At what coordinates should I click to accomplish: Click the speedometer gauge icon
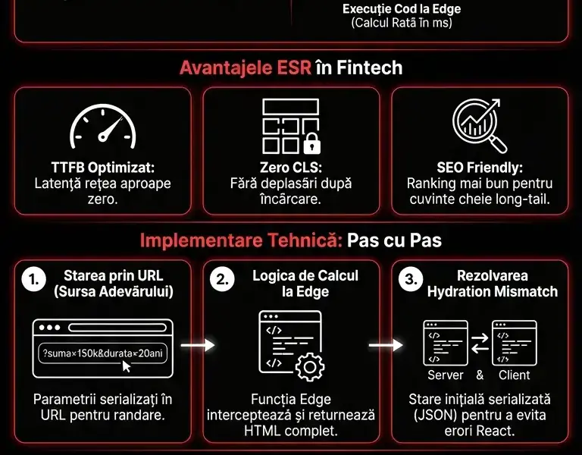pos(102,126)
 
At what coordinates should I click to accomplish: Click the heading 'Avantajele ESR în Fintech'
pos(291,68)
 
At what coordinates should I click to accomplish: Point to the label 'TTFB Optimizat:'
pos(102,168)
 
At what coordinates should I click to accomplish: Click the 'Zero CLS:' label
pos(291,168)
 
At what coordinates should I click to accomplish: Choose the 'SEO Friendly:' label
pos(480,168)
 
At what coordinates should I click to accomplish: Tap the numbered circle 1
pos(33,280)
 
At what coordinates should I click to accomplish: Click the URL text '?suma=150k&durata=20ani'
pos(102,353)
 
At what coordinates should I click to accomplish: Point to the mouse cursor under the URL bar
pos(127,366)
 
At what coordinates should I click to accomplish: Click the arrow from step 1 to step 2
pos(196,345)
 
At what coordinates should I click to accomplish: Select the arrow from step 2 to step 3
pos(384,345)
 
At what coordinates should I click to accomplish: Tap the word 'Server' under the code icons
pos(446,375)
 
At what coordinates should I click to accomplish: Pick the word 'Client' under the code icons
pos(515,375)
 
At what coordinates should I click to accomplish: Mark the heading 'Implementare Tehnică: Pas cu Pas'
pos(291,241)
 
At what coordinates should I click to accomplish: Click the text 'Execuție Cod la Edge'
pos(402,9)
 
